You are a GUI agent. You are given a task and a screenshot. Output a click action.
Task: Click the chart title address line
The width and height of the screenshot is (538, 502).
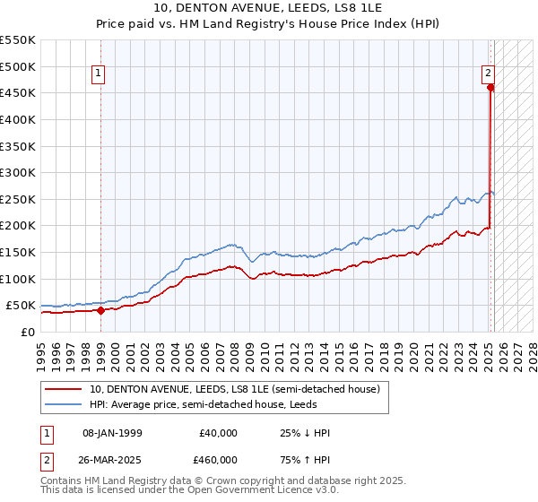click(x=269, y=10)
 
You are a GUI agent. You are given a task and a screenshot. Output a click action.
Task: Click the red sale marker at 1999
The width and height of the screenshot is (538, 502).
click(x=100, y=311)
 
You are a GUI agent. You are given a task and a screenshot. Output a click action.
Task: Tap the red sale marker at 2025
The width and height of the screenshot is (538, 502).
click(x=490, y=88)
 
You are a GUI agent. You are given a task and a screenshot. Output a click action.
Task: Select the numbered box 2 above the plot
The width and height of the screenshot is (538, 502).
click(x=488, y=74)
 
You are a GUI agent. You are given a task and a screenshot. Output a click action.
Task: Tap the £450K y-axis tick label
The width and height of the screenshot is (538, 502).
click(x=18, y=92)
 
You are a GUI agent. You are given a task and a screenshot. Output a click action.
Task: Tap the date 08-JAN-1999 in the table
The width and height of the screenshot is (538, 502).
click(x=112, y=433)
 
